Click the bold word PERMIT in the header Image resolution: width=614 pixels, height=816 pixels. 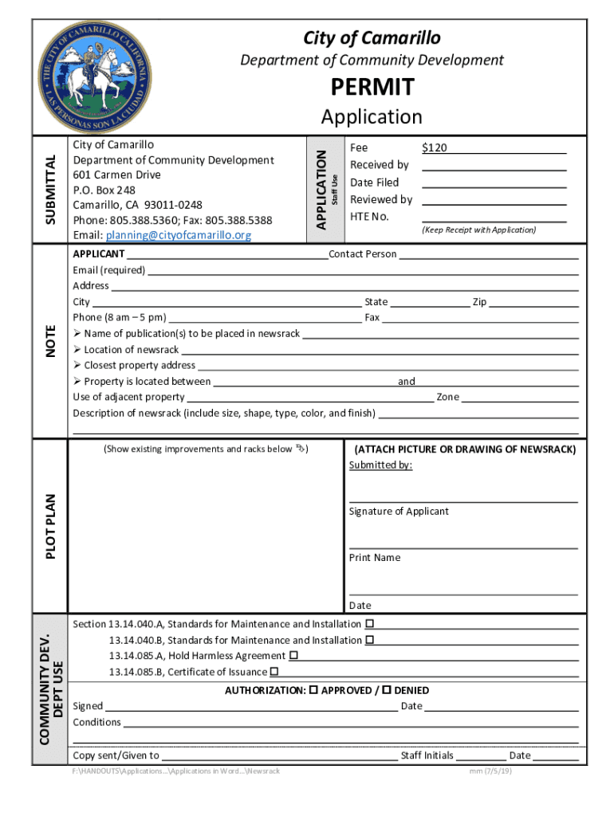[371, 87]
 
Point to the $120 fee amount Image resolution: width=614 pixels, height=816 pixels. [435, 147]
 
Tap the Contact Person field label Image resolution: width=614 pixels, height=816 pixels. [363, 254]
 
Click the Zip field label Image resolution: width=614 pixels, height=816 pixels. [479, 302]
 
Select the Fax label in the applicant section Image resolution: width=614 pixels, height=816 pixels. [372, 318]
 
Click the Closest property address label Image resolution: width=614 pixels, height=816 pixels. [140, 366]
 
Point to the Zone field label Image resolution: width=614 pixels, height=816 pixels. [448, 397]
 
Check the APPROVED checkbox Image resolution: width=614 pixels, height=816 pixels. [313, 690]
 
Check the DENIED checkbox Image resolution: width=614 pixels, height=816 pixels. [387, 690]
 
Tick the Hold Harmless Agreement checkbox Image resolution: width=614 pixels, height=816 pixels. [293, 655]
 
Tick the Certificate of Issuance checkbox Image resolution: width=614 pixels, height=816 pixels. [274, 672]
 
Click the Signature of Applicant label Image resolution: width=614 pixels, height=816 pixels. [399, 512]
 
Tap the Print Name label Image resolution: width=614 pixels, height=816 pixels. [375, 558]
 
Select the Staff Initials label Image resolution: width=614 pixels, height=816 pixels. [427, 755]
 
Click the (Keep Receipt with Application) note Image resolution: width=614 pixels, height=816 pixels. [479, 230]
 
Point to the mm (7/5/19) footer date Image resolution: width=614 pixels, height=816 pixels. [491, 771]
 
